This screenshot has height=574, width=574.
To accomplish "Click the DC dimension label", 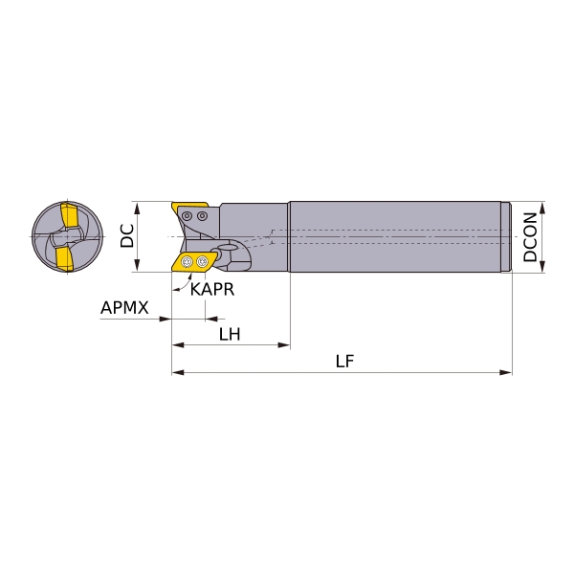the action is [x=127, y=236].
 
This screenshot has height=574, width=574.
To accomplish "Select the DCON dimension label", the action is [x=530, y=237].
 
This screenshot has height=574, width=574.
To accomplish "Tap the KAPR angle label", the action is [x=212, y=290].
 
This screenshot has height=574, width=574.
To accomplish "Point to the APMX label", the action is [x=124, y=308].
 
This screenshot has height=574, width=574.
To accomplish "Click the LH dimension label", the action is [x=230, y=334].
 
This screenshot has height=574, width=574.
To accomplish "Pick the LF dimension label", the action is [x=344, y=362].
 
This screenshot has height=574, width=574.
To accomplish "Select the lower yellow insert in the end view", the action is [x=65, y=258].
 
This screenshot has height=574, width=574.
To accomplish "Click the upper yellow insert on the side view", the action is [x=189, y=208].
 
